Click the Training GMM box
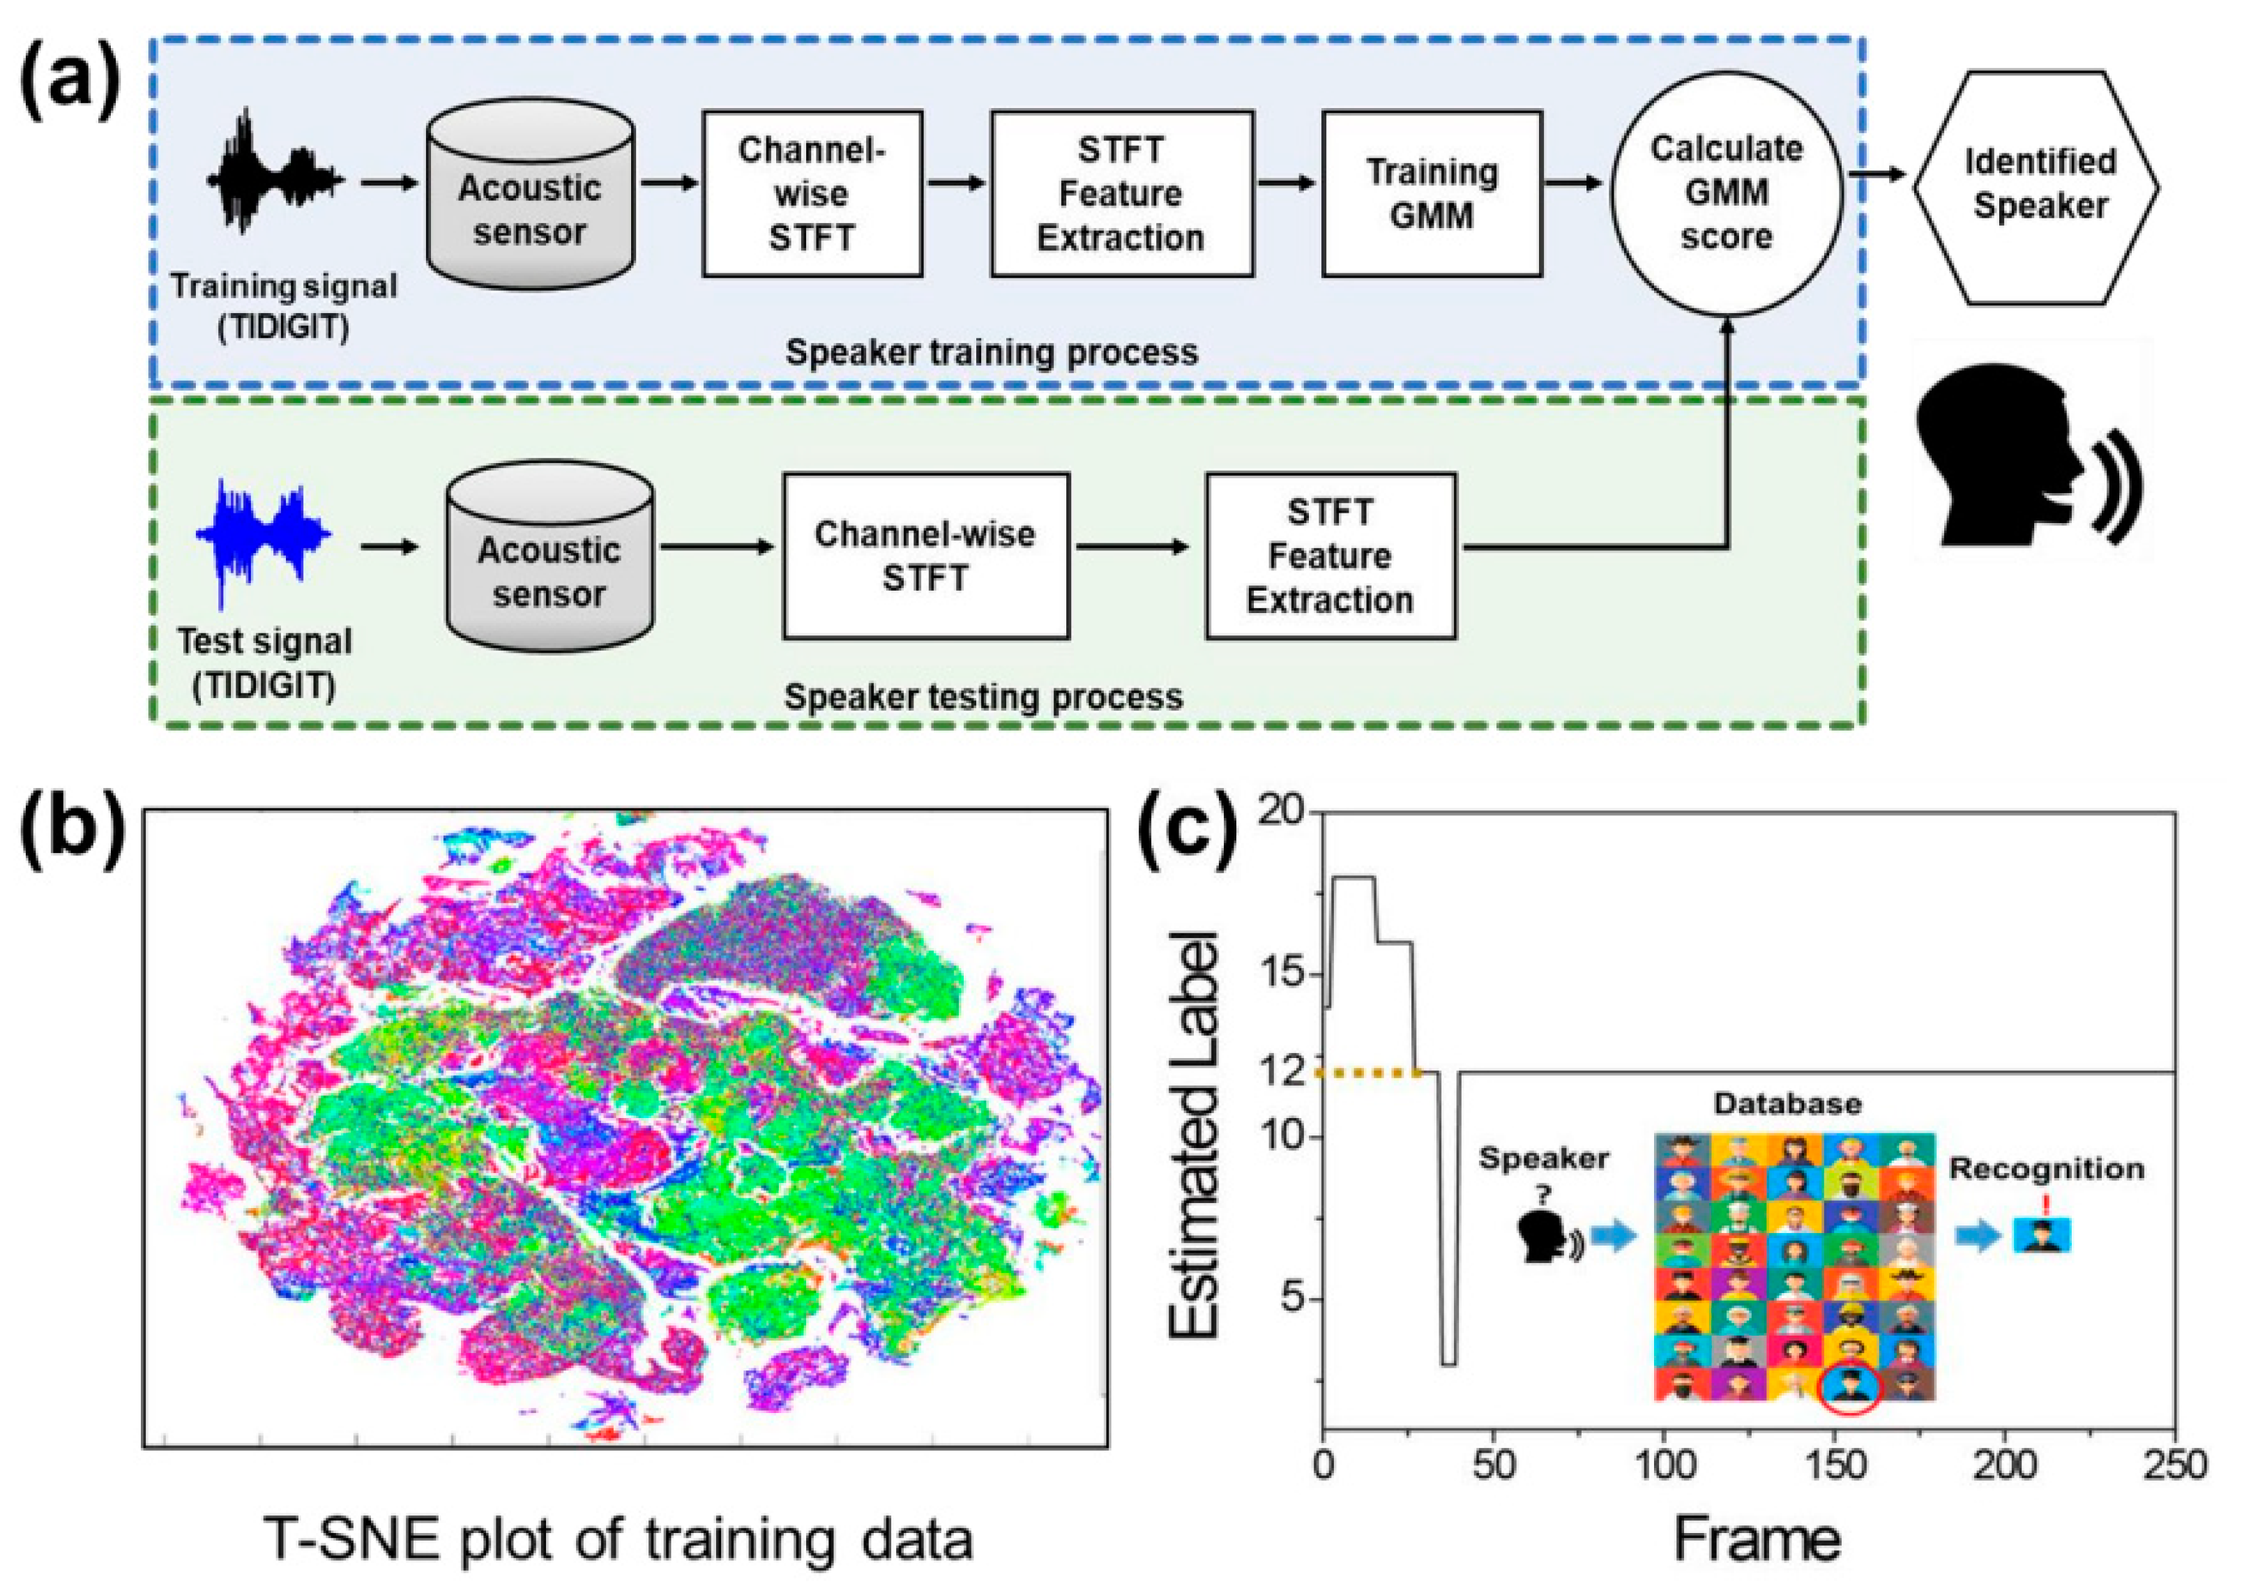[x=1432, y=193]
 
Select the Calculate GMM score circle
[x=1726, y=193]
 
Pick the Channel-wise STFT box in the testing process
[x=925, y=556]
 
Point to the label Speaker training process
[x=991, y=352]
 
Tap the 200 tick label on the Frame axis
[x=2003, y=1465]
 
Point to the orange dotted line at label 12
[x=1369, y=1073]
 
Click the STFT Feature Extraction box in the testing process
[x=1330, y=556]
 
